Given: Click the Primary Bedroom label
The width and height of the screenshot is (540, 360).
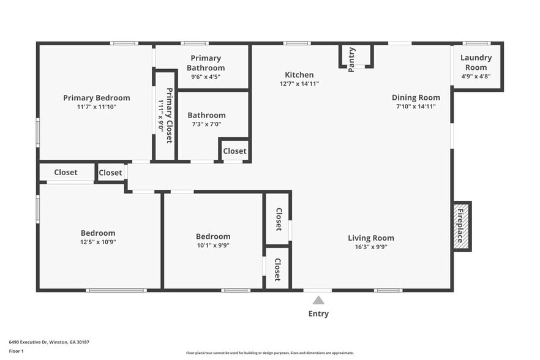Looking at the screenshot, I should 97,98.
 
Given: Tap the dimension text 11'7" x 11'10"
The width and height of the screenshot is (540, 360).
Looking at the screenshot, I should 97,107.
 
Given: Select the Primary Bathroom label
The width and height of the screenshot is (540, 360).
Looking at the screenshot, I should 206,63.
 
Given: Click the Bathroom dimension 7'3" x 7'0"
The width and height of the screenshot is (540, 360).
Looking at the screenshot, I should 206,124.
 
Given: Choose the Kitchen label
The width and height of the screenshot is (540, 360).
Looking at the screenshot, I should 299,75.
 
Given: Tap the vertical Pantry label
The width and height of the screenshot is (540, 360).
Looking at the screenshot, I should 351,59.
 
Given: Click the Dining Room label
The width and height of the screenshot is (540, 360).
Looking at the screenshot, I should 416,97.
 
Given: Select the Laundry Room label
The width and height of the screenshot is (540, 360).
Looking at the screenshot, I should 476,63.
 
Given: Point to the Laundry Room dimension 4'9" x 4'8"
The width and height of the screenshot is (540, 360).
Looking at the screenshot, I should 476,77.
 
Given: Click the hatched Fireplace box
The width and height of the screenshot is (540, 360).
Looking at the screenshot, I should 462,227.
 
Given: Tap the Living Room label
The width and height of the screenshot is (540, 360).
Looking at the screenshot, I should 371,238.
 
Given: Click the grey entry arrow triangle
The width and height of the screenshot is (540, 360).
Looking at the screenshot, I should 318,300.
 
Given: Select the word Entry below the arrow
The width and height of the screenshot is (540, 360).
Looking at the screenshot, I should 318,313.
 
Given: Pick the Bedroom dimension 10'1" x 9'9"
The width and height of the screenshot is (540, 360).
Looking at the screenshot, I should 213,246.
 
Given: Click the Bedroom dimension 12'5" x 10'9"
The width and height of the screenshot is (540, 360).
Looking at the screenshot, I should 98,242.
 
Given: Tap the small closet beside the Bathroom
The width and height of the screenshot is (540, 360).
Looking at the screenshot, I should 234,151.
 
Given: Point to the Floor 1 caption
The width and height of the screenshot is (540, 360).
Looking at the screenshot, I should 16,351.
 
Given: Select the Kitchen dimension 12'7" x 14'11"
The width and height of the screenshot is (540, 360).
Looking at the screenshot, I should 299,84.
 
